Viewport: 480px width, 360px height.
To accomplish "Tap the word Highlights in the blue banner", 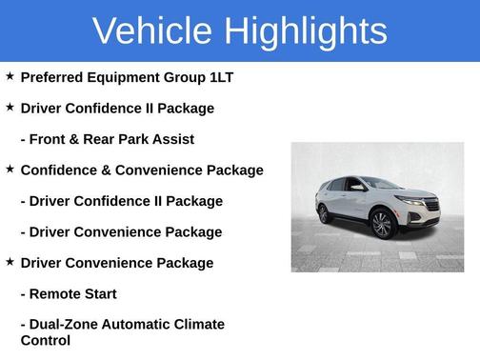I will pos(304,31).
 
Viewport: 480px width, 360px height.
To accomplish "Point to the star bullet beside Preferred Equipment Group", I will pos(10,76).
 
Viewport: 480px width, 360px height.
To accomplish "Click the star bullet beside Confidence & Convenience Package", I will pos(10,169).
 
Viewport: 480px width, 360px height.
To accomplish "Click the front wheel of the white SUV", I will pos(382,225).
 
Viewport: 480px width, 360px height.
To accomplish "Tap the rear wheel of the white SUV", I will pos(326,213).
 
